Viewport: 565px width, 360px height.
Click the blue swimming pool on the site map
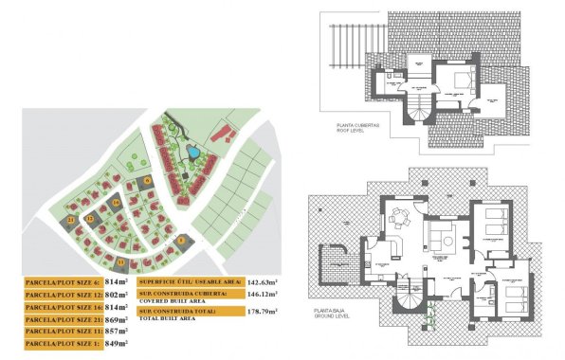coord(192,150)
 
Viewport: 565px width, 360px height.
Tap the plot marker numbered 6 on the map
coord(148,181)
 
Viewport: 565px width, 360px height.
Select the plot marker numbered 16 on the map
coord(115,201)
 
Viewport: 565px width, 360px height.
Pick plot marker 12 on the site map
coord(89,219)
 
